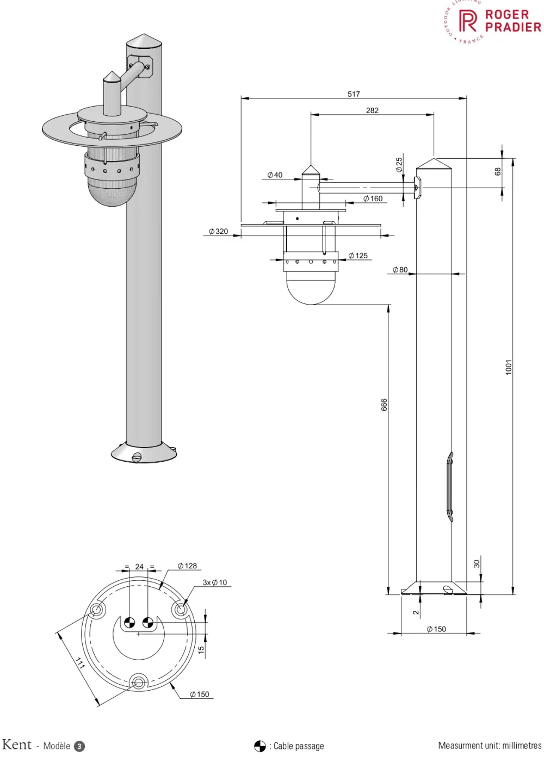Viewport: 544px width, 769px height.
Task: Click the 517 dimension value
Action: pyautogui.click(x=354, y=94)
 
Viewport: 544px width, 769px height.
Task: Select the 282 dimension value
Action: pyautogui.click(x=372, y=110)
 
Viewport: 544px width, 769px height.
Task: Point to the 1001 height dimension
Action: pyautogui.click(x=509, y=367)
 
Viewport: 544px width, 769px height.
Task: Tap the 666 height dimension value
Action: pyautogui.click(x=384, y=405)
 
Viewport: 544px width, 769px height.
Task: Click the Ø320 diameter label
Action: pyautogui.click(x=219, y=232)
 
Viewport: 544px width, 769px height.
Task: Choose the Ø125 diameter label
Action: pyautogui.click(x=358, y=256)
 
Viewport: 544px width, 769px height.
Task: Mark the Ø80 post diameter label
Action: pyautogui.click(x=400, y=270)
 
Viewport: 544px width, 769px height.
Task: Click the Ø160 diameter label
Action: pyautogui.click(x=373, y=199)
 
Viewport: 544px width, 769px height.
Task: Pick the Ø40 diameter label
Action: pyautogui.click(x=275, y=175)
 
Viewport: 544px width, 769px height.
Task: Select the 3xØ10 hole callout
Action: pyautogui.click(x=215, y=582)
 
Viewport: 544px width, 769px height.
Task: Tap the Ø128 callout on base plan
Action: pyautogui.click(x=187, y=566)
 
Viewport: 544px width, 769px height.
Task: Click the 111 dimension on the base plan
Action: pyautogui.click(x=80, y=663)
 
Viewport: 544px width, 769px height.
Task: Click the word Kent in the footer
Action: pyautogui.click(x=17, y=745)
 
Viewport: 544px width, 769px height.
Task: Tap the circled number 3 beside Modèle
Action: pyautogui.click(x=79, y=746)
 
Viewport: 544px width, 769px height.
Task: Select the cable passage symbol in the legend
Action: pyautogui.click(x=260, y=746)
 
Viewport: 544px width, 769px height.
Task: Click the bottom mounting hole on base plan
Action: pyautogui.click(x=138, y=681)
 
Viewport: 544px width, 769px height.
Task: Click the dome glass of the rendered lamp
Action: pyautogui.click(x=112, y=193)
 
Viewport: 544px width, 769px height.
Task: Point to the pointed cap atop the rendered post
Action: pyautogui.click(x=144, y=41)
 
